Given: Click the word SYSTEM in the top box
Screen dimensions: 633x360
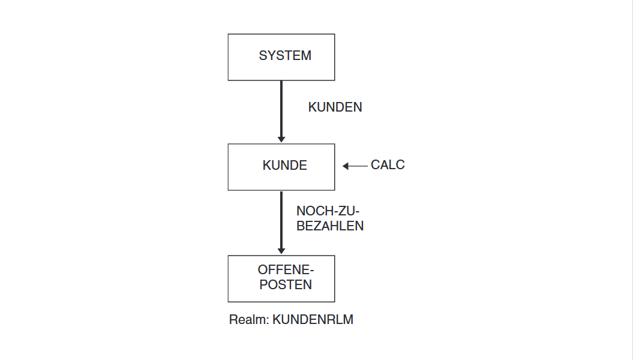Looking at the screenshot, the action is point(285,56).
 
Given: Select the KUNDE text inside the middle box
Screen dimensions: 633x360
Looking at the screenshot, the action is point(284,166).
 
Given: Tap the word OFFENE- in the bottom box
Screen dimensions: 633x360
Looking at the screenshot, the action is point(286,269).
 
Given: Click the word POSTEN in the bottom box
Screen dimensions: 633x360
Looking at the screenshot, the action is point(286,285).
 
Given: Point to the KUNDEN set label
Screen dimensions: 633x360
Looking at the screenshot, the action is point(335,107).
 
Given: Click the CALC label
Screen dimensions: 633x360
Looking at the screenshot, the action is point(388,165).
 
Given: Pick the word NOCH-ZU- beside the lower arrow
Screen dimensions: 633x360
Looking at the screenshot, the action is point(328,211).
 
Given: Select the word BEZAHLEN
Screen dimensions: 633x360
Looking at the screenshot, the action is point(330,226).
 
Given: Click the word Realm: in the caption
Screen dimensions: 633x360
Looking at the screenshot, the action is point(248,320).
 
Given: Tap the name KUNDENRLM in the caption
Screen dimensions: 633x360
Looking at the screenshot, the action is point(313,320).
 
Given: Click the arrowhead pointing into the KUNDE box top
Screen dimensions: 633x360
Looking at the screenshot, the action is point(281,140).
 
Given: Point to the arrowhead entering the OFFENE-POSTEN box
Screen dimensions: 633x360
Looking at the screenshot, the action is point(281,251).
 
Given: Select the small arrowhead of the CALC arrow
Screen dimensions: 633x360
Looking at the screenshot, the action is point(345,166).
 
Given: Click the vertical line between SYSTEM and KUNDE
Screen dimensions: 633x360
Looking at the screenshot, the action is point(281,109).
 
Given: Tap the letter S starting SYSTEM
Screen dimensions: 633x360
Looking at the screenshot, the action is point(263,56).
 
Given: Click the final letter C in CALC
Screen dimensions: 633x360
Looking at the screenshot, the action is point(400,165).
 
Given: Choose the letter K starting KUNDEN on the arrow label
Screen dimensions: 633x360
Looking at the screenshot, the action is point(313,107).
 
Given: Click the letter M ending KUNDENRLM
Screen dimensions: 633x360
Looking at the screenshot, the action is point(349,320).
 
